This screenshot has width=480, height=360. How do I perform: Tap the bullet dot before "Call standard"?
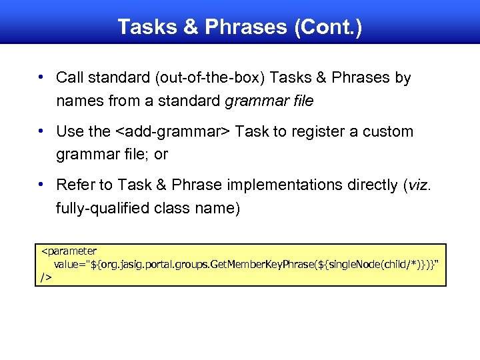pos(41,77)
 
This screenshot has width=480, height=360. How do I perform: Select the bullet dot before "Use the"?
pos(41,131)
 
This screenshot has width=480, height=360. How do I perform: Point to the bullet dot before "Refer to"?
pos(41,184)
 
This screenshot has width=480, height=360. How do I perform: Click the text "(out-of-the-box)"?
pos(211,78)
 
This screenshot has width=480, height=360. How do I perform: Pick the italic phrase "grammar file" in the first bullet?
pos(269,102)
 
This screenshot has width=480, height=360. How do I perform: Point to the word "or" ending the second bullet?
pos(161,155)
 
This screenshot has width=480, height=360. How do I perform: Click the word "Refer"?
pos(74,185)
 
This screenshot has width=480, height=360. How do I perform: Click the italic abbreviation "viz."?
pos(419,185)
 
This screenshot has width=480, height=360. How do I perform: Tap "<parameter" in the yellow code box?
pos(69,251)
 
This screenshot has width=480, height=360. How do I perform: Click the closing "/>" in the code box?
pos(46,276)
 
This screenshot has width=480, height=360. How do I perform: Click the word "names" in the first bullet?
pos(79,102)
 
